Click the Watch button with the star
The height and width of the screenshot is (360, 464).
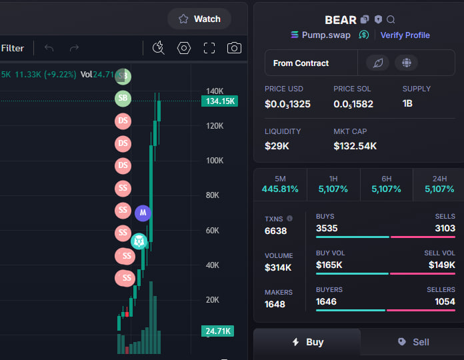tap(199, 19)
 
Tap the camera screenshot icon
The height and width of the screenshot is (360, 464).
tap(234, 48)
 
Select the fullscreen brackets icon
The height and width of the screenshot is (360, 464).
tap(209, 48)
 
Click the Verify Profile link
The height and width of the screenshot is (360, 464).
tap(405, 35)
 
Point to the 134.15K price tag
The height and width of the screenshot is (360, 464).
tap(219, 101)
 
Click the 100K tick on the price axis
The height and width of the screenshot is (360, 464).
tap(215, 161)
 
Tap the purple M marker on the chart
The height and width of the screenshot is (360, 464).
tap(143, 213)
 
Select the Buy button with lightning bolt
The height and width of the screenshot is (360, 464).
tap(307, 342)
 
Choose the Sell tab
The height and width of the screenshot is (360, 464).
tap(413, 342)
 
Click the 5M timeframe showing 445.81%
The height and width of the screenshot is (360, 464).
tap(280, 184)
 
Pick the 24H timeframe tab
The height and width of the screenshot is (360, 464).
tap(439, 184)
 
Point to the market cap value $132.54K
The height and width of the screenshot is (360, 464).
tap(355, 146)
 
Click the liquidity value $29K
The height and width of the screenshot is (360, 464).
tap(277, 146)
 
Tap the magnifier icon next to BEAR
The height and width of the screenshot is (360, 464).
tap(391, 19)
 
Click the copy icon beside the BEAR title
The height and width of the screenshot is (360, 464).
tap(365, 19)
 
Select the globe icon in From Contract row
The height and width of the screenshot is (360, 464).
tap(406, 63)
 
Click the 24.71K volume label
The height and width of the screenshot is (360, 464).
tap(217, 331)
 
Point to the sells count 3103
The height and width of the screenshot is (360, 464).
tap(445, 228)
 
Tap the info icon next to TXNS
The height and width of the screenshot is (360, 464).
tap(290, 218)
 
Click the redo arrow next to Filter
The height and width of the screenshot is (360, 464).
tap(74, 48)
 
